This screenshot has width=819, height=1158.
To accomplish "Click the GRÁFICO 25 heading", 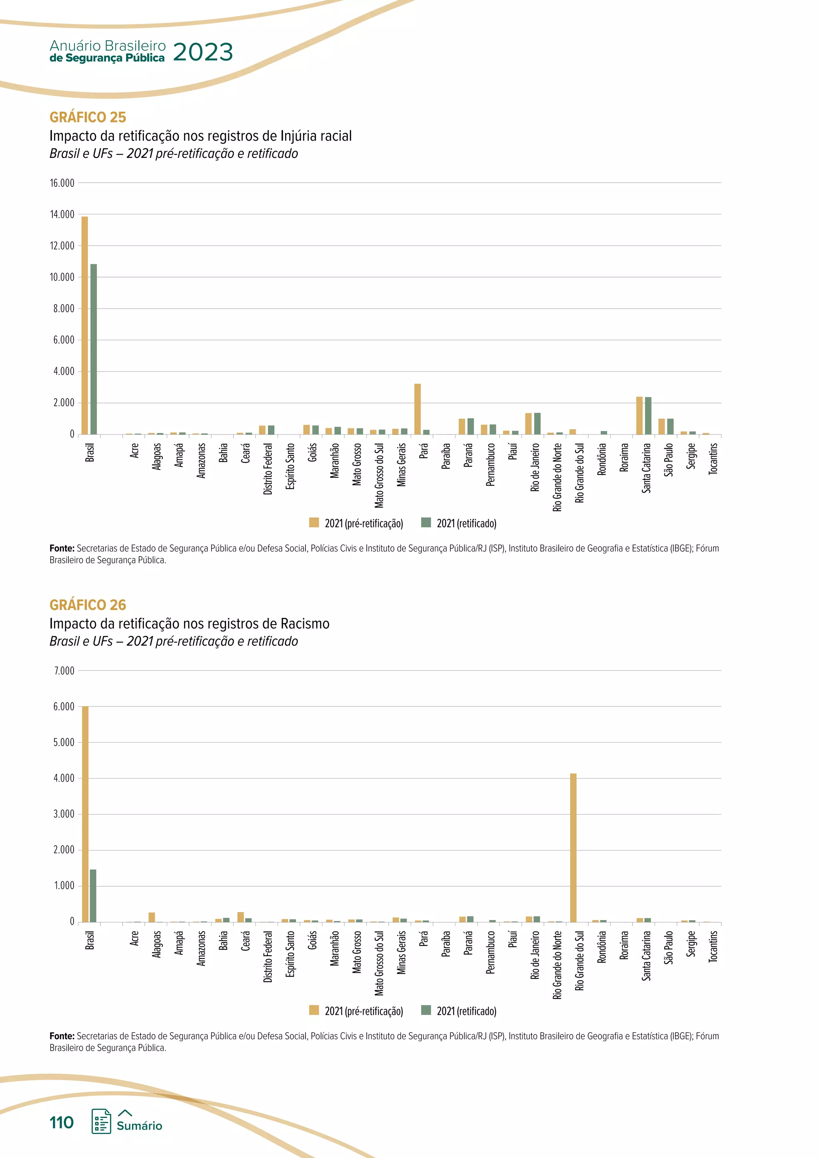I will [88, 117].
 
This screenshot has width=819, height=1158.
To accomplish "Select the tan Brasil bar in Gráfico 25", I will [85, 325].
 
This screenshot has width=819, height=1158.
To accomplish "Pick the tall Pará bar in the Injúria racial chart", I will [417, 409].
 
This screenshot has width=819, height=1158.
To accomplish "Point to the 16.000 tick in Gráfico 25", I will [62, 183].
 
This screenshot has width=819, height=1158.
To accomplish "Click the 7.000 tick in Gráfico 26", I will [64, 671].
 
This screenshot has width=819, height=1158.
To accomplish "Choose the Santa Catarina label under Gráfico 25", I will [647, 468].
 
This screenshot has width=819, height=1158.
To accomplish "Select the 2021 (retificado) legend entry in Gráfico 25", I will [459, 523].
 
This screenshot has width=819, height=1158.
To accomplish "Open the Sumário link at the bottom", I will [139, 1125].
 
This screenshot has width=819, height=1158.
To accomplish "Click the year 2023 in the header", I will [203, 52].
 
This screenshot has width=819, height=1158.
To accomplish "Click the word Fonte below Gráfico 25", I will [62, 548].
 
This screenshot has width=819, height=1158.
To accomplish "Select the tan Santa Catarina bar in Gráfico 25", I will [639, 415].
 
